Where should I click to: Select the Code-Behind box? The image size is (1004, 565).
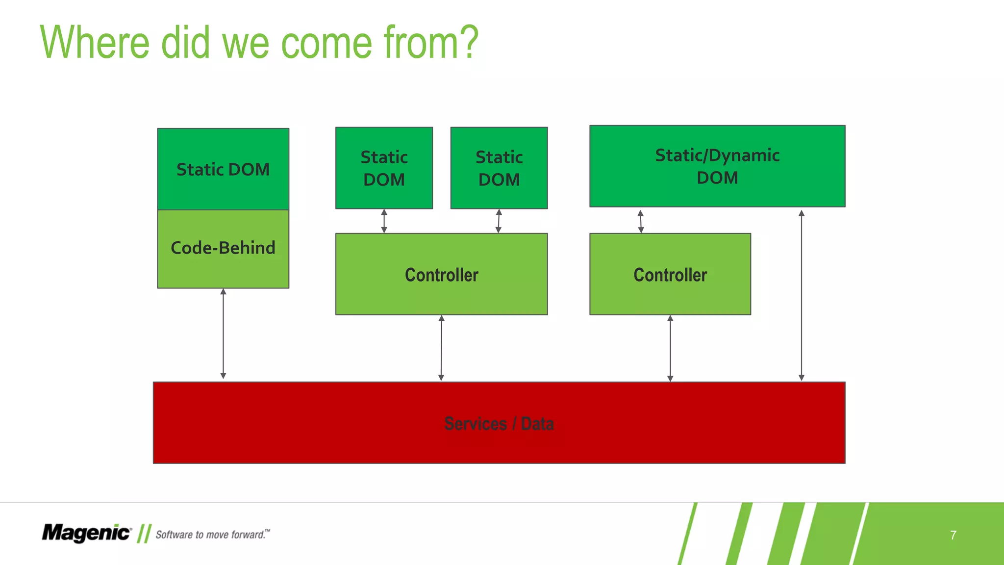tap(223, 248)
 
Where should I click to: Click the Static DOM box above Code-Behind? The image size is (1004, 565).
tap(223, 169)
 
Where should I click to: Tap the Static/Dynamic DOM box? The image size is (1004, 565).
tap(717, 166)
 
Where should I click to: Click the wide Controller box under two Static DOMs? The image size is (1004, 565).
tap(441, 274)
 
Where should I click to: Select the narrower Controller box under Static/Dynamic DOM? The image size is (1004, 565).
tap(670, 274)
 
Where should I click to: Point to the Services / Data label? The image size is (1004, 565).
tap(499, 423)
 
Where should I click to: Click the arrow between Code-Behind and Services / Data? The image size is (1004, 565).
tap(223, 334)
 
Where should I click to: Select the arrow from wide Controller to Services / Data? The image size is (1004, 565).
tap(441, 348)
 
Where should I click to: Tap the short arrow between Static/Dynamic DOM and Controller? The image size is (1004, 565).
tap(641, 221)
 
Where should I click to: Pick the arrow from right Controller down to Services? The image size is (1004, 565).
tap(670, 348)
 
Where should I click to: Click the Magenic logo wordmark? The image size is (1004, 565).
tap(86, 533)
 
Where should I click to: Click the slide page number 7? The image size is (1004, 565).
tap(953, 535)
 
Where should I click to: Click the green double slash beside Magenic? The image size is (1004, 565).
tap(144, 534)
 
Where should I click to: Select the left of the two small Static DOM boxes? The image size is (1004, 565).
tap(384, 168)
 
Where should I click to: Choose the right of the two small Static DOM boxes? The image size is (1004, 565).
tap(499, 168)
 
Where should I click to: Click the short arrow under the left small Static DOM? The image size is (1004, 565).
tap(384, 221)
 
